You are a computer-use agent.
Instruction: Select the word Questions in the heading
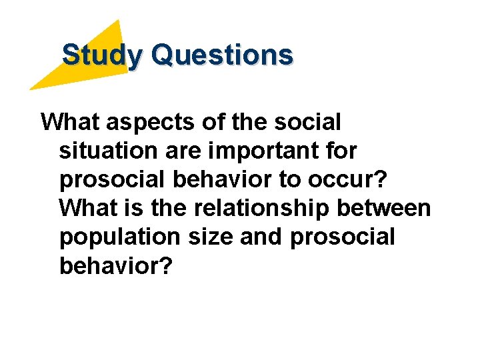[222, 55]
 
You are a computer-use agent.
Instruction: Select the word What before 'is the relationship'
[87, 209]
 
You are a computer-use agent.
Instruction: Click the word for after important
[342, 151]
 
